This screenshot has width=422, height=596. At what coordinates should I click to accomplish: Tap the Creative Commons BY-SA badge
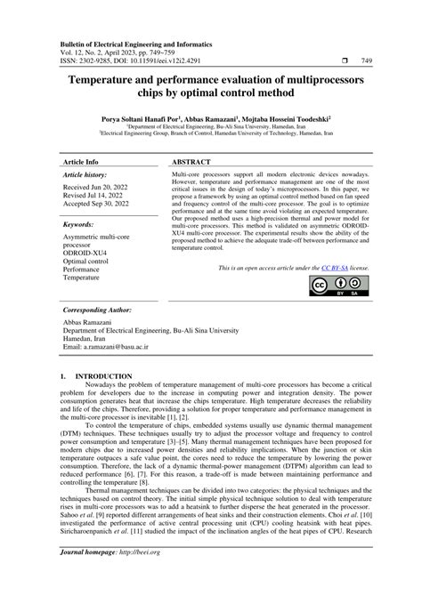(338, 261)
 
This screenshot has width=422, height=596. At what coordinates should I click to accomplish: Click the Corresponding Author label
(100, 310)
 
